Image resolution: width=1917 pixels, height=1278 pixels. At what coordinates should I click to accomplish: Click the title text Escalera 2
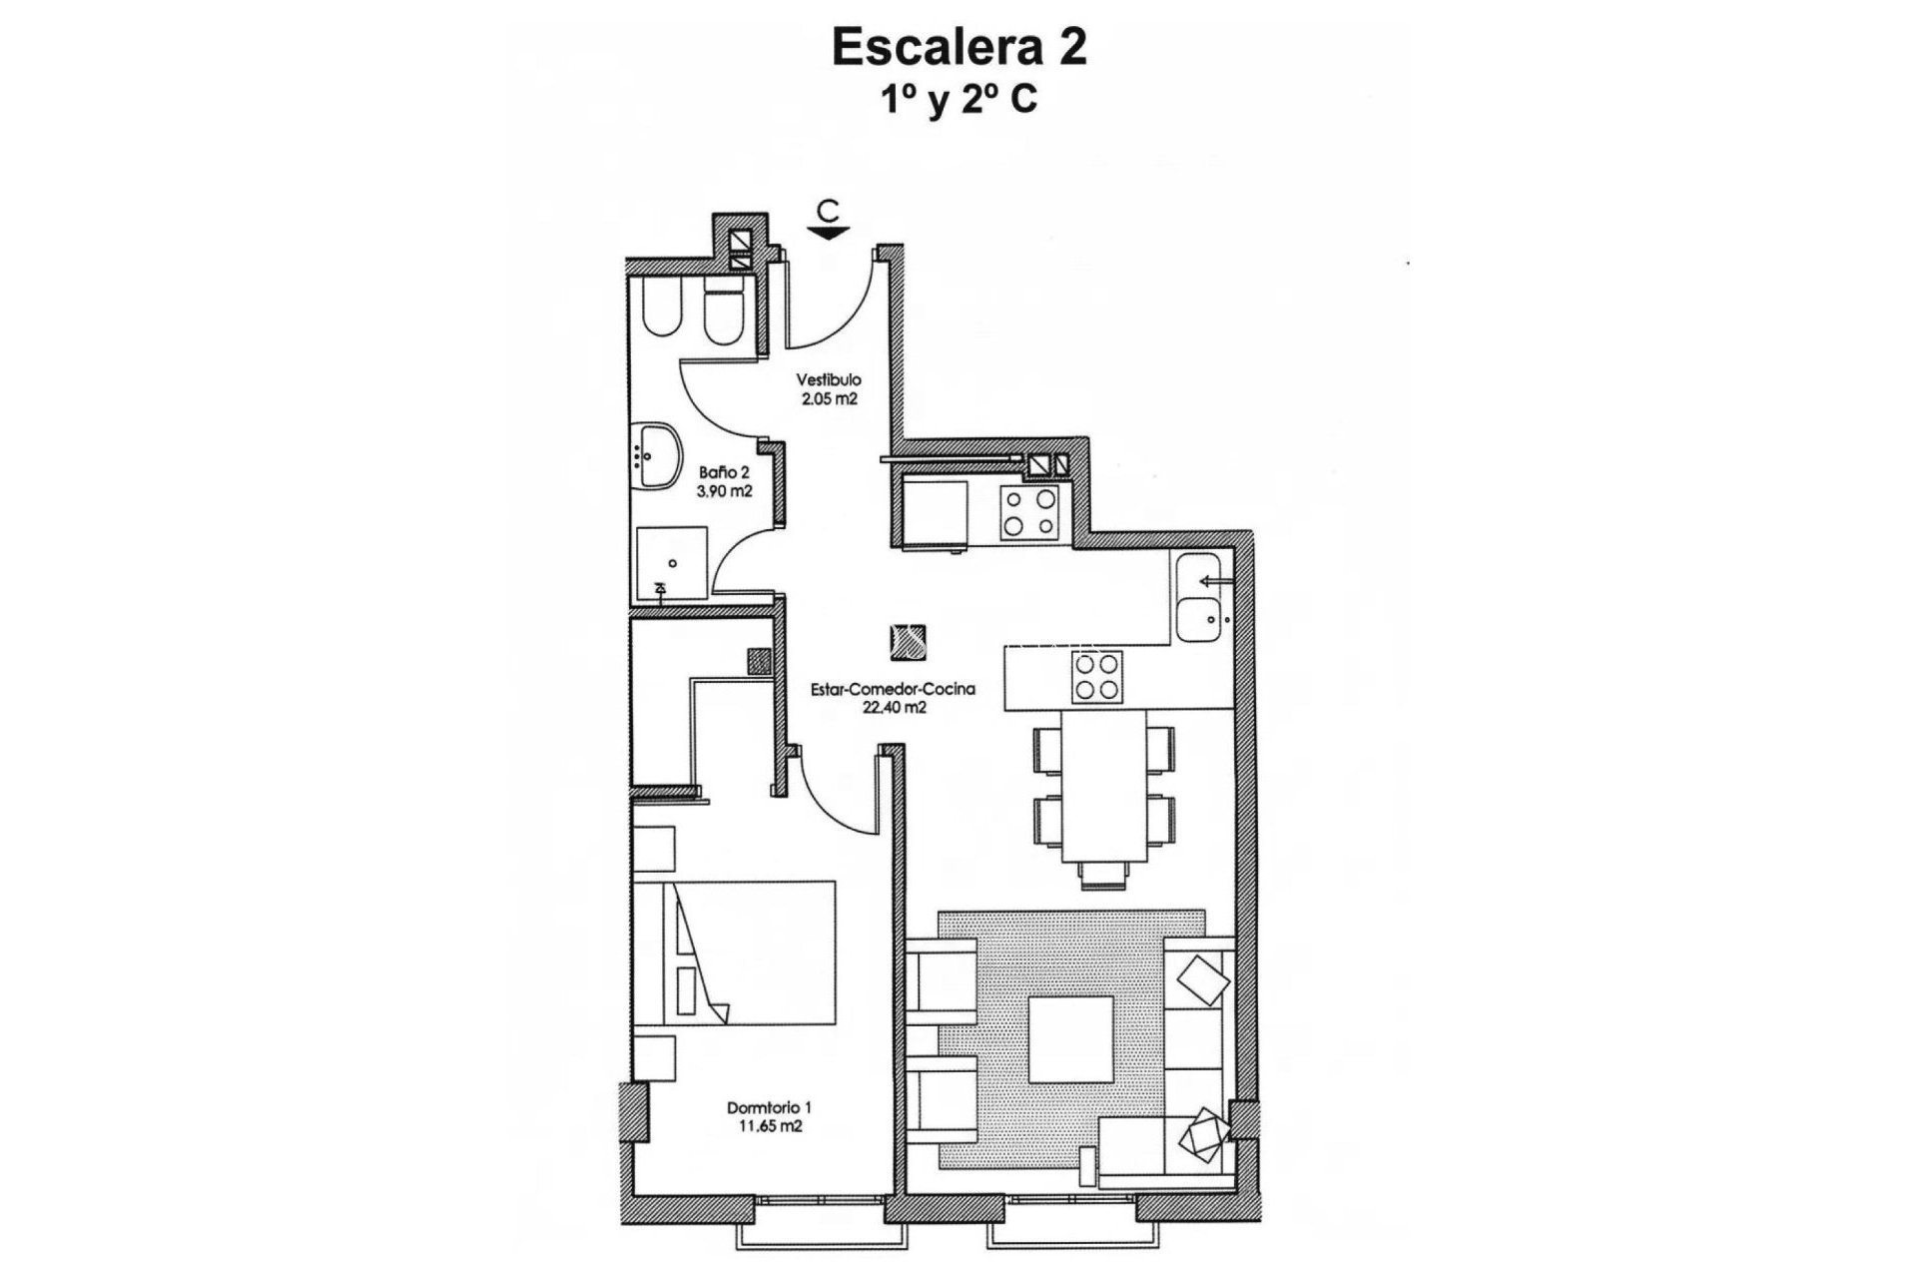pyautogui.click(x=958, y=48)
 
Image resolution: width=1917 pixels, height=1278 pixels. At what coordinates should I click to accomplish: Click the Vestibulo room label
pyautogui.click(x=828, y=380)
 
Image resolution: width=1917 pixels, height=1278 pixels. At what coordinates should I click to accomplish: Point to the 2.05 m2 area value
pyautogui.click(x=828, y=398)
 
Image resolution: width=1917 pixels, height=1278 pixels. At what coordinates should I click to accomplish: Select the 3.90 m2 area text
pyautogui.click(x=723, y=490)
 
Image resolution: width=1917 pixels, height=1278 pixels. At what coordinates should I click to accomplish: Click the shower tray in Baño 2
pyautogui.click(x=671, y=563)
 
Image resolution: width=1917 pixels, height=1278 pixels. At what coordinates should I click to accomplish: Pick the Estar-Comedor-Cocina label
pyautogui.click(x=893, y=689)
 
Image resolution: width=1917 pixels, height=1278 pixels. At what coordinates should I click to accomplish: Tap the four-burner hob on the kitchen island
pyautogui.click(x=1096, y=677)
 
